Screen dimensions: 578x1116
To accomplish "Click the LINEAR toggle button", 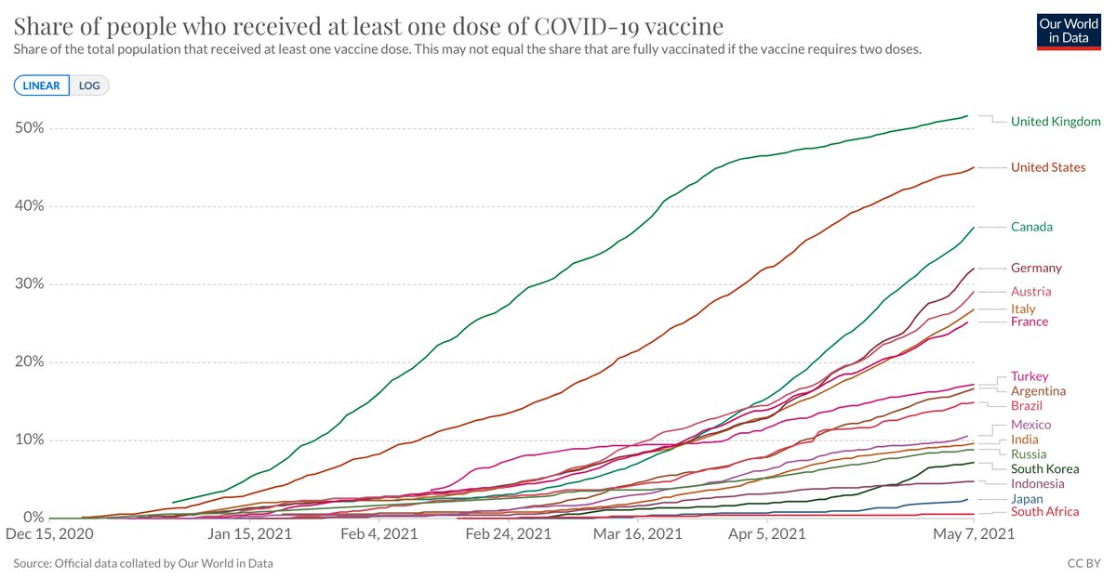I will (42, 85).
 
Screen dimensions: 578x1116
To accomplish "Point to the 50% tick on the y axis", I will (29, 127).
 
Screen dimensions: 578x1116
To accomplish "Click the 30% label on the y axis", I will (29, 283).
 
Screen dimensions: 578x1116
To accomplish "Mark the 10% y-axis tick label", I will (29, 440).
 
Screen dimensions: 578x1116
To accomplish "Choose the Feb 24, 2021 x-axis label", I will (508, 535).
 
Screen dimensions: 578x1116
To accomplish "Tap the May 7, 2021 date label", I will (973, 535).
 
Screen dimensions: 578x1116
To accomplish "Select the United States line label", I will (1048, 167).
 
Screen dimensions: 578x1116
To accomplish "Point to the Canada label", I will (1031, 227).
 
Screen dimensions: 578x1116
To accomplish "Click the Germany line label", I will (1036, 268).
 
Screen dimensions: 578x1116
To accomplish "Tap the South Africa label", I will (1044, 512).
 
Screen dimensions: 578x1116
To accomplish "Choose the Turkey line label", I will (1030, 376).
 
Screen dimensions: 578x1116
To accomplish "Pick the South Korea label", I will (1044, 469).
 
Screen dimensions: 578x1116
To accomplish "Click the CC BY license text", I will (1083, 563).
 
